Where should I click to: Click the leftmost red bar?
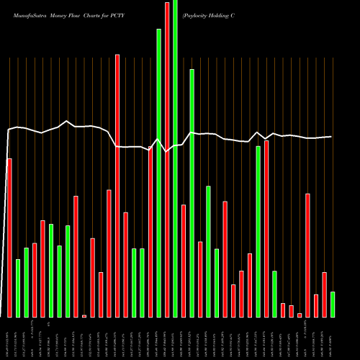tap(9, 238)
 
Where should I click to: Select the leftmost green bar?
tap(18, 288)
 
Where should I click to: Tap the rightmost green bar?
tap(333, 305)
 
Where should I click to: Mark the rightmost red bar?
tap(324, 294)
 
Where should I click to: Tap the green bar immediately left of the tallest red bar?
tap(159, 173)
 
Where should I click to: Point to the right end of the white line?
tap(332, 137)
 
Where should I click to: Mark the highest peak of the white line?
tap(67, 121)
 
